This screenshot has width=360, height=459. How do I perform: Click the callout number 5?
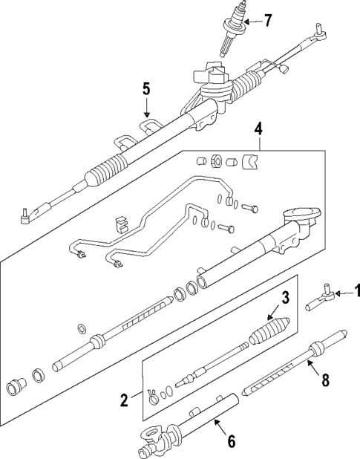pos(146,89)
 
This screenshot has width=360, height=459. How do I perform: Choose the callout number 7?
pos(268,20)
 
